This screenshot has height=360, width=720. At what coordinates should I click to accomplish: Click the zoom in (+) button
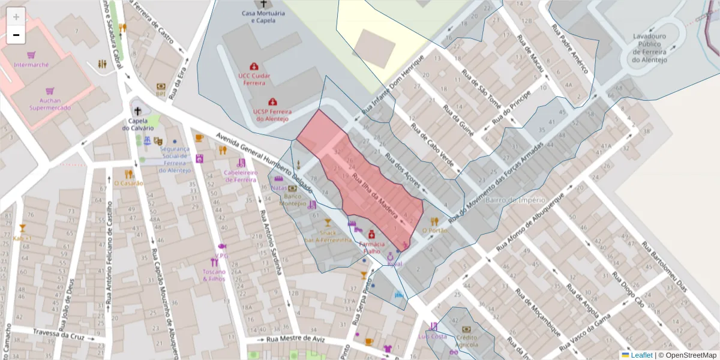tap(16, 16)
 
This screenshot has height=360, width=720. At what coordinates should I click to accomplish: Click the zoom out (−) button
tap(16, 35)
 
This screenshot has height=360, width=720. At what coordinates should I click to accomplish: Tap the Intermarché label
tap(31, 65)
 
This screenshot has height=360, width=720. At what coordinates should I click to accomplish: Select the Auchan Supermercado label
tap(50, 104)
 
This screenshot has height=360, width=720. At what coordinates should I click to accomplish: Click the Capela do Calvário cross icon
tap(138, 111)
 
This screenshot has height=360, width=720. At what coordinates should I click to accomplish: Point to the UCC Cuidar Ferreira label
tap(254, 79)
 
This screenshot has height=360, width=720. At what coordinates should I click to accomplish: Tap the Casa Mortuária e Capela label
tap(259, 16)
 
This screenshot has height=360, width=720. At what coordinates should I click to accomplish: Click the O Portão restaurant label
tap(435, 230)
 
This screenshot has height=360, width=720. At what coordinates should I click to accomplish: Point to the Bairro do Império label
tap(515, 200)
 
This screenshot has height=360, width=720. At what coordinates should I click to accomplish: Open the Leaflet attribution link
tap(641, 355)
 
